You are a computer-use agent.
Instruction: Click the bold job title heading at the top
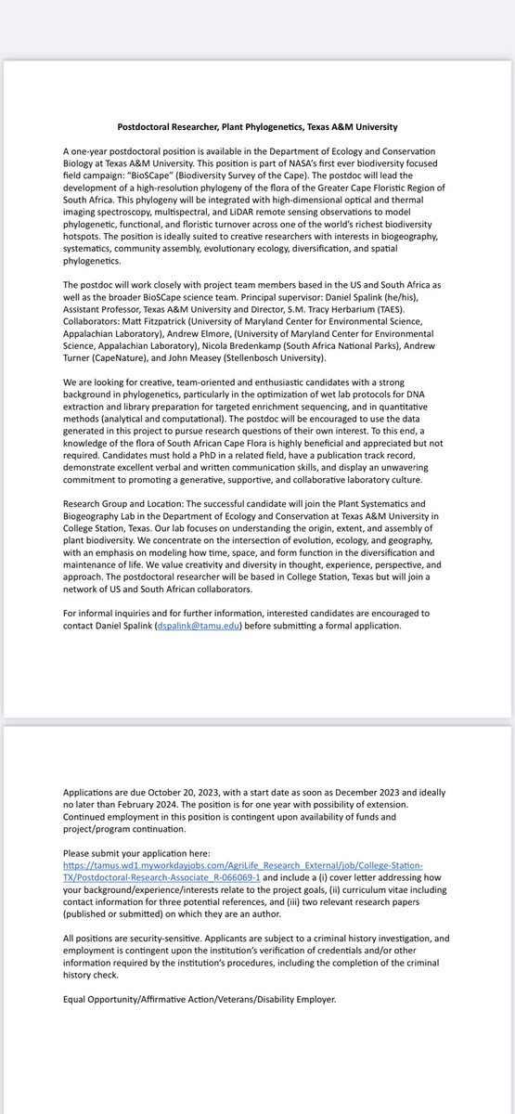(x=257, y=126)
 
